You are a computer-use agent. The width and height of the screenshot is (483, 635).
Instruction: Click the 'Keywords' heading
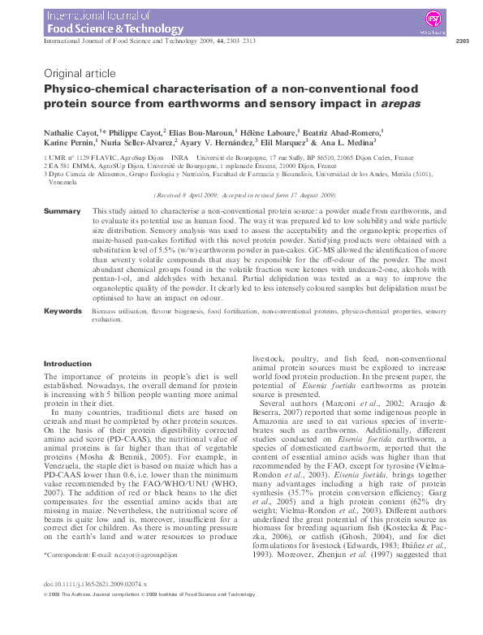coord(63,311)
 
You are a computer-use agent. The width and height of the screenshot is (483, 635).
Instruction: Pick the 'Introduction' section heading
coord(67,364)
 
